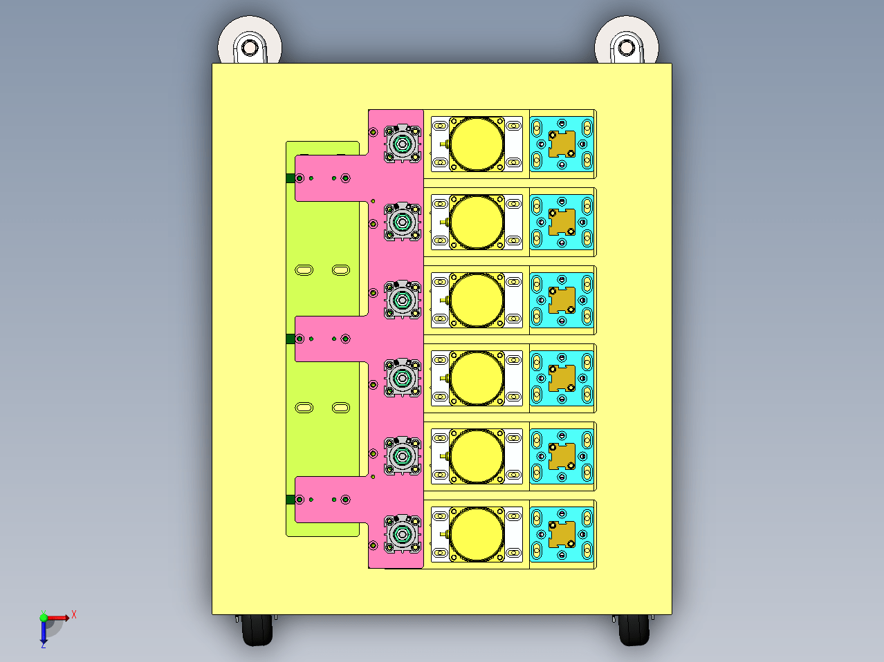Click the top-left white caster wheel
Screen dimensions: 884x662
pos(250,39)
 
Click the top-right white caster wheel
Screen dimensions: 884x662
pos(627,39)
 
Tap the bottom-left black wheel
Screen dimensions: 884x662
pos(257,630)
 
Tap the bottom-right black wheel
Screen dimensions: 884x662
pos(634,630)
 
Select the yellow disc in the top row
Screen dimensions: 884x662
pos(477,144)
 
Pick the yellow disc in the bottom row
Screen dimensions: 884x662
pos(477,534)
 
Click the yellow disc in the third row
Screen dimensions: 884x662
pos(477,300)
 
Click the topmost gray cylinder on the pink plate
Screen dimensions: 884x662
pos(403,144)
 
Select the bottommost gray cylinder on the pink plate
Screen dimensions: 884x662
pos(403,534)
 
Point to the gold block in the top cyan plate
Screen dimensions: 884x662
pos(562,144)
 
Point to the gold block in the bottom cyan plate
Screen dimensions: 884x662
pos(562,534)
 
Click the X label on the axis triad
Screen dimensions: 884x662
pos(74,614)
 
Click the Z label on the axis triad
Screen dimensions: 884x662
pos(44,645)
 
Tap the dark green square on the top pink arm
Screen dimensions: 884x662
pos(291,178)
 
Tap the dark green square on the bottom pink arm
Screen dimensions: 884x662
pos(291,500)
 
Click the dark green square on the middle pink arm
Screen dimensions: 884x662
pos(291,339)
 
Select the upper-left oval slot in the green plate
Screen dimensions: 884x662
pos(304,270)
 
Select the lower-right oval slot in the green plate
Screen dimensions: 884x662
pos(341,408)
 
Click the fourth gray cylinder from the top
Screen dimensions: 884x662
pos(403,378)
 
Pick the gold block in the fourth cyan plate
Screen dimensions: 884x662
pos(562,378)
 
